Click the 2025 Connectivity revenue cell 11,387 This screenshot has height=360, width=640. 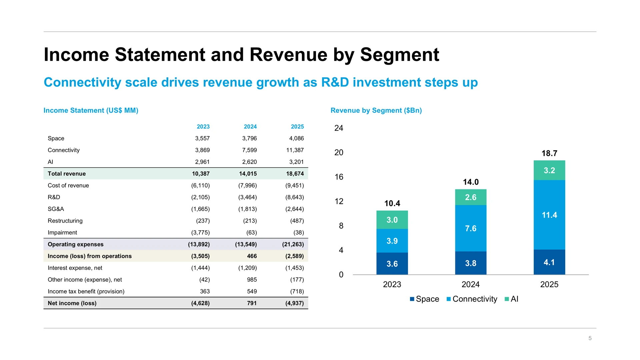point(295,150)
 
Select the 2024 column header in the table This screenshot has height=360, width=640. point(250,127)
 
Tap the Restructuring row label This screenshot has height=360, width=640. point(65,221)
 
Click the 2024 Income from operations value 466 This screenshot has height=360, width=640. point(252,256)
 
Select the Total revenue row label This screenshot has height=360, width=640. point(67,174)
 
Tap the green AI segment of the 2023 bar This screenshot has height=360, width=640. point(392,220)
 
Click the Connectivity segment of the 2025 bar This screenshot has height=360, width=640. point(549,215)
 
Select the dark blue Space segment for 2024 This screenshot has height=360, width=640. point(471,263)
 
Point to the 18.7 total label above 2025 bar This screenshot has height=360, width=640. point(549,153)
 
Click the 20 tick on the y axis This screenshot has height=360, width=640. point(339,152)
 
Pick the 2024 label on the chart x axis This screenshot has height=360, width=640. point(471,284)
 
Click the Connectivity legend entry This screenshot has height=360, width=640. point(472,299)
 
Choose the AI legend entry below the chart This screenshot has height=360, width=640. point(511,299)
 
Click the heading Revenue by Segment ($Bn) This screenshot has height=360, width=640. point(376,110)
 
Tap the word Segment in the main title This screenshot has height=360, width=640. point(400,55)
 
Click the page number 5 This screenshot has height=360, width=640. point(590,338)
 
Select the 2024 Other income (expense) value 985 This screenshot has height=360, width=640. point(252,280)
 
